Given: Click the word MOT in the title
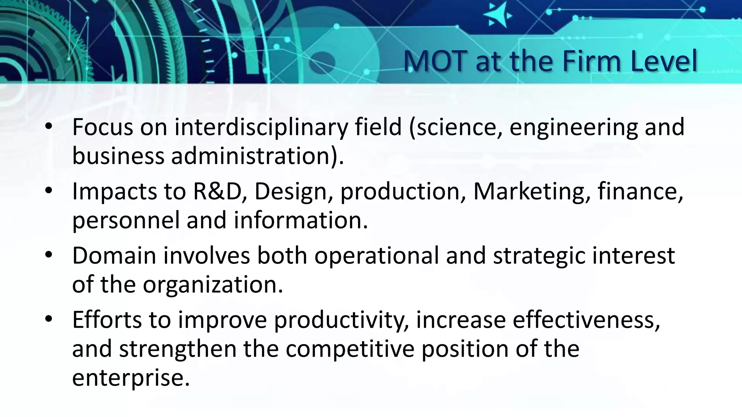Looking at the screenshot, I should point(434,62).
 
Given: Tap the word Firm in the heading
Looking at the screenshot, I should point(592,62).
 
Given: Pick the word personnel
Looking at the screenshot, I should point(126,220).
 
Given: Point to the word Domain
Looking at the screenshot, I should point(114,256).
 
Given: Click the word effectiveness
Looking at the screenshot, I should point(586,320).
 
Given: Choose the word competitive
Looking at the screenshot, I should point(350,349).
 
